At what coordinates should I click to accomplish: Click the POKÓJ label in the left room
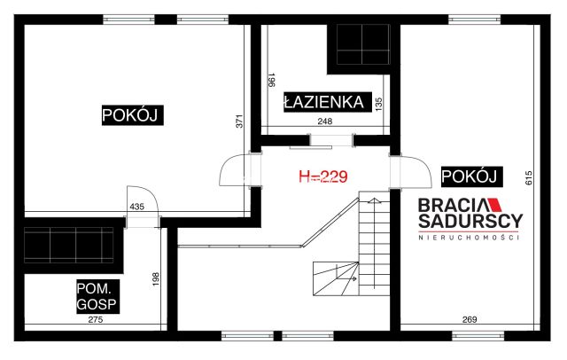click(135, 115)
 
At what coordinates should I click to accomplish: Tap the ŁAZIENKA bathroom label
click(323, 102)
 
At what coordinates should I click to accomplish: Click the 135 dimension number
click(378, 103)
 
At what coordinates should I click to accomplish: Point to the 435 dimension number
click(136, 207)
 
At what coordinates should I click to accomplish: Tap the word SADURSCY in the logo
click(470, 221)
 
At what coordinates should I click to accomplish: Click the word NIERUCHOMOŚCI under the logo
click(470, 237)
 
